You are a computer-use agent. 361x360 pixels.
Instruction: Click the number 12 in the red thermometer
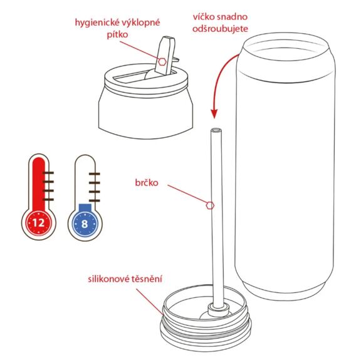[x=39, y=221]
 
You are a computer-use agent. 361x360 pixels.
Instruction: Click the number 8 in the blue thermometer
[x=84, y=221]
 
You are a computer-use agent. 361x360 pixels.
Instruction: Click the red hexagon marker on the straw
[x=211, y=204]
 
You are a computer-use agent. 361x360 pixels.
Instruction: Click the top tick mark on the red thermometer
[x=48, y=172]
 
